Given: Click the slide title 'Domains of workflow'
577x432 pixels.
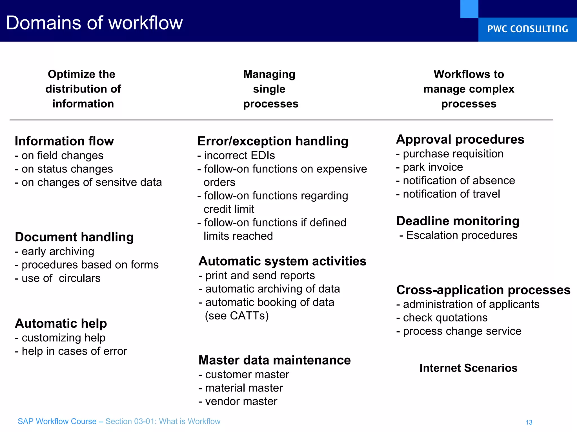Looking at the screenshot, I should pyautogui.click(x=94, y=23).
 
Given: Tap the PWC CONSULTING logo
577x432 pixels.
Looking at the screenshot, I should pyautogui.click(x=527, y=29).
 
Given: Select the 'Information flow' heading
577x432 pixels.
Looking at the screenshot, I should pyautogui.click(x=64, y=141).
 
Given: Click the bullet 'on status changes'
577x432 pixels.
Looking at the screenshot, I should pyautogui.click(x=67, y=169).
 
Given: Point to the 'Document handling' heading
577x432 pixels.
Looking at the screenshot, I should pyautogui.click(x=74, y=237).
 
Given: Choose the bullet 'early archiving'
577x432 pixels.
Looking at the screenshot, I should pyautogui.click(x=58, y=251).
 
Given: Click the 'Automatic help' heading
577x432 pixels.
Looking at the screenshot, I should pyautogui.click(x=61, y=323).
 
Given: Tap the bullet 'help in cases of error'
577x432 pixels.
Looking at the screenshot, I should pyautogui.click(x=74, y=351).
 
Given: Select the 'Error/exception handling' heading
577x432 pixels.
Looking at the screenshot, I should pyautogui.click(x=273, y=141).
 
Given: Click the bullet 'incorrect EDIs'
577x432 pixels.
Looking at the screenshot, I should pyautogui.click(x=239, y=156).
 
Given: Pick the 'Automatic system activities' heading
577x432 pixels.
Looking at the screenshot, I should pyautogui.click(x=282, y=261).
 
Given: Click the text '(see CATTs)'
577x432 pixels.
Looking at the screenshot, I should pyautogui.click(x=237, y=316).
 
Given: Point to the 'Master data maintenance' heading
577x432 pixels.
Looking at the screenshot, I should pyautogui.click(x=274, y=360).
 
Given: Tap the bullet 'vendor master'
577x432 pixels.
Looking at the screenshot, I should pyautogui.click(x=241, y=401).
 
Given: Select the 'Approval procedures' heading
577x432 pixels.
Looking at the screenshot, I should pyautogui.click(x=460, y=139).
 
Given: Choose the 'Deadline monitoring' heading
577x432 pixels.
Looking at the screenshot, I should pyautogui.click(x=458, y=221).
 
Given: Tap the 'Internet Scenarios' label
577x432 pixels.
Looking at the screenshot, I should pyautogui.click(x=468, y=368).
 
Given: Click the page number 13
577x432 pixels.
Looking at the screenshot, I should pyautogui.click(x=529, y=422).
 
